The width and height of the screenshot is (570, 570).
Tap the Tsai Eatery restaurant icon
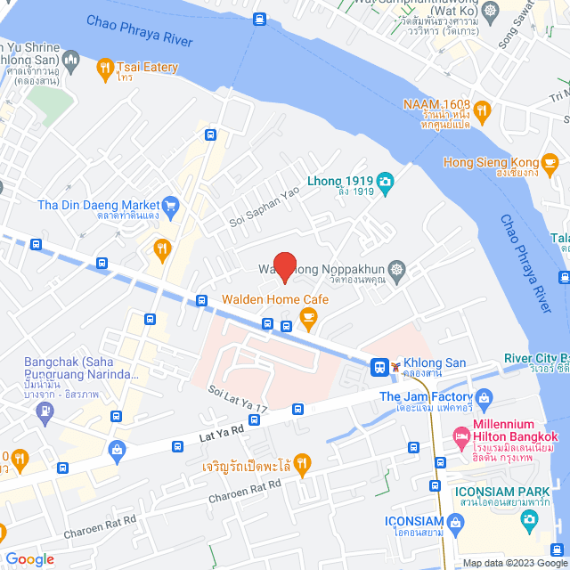[104, 67]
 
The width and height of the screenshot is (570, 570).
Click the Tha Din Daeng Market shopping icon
[171, 206]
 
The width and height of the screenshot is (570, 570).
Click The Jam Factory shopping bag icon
[484, 397]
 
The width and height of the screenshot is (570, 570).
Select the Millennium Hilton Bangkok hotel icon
[461, 436]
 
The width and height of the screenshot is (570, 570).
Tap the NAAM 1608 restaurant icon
[482, 110]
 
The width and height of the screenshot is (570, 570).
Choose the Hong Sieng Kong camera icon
[552, 162]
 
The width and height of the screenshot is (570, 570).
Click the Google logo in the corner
[29, 558]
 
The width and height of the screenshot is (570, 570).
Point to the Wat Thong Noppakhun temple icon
[396, 268]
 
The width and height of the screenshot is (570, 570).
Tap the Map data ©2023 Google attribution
[514, 563]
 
